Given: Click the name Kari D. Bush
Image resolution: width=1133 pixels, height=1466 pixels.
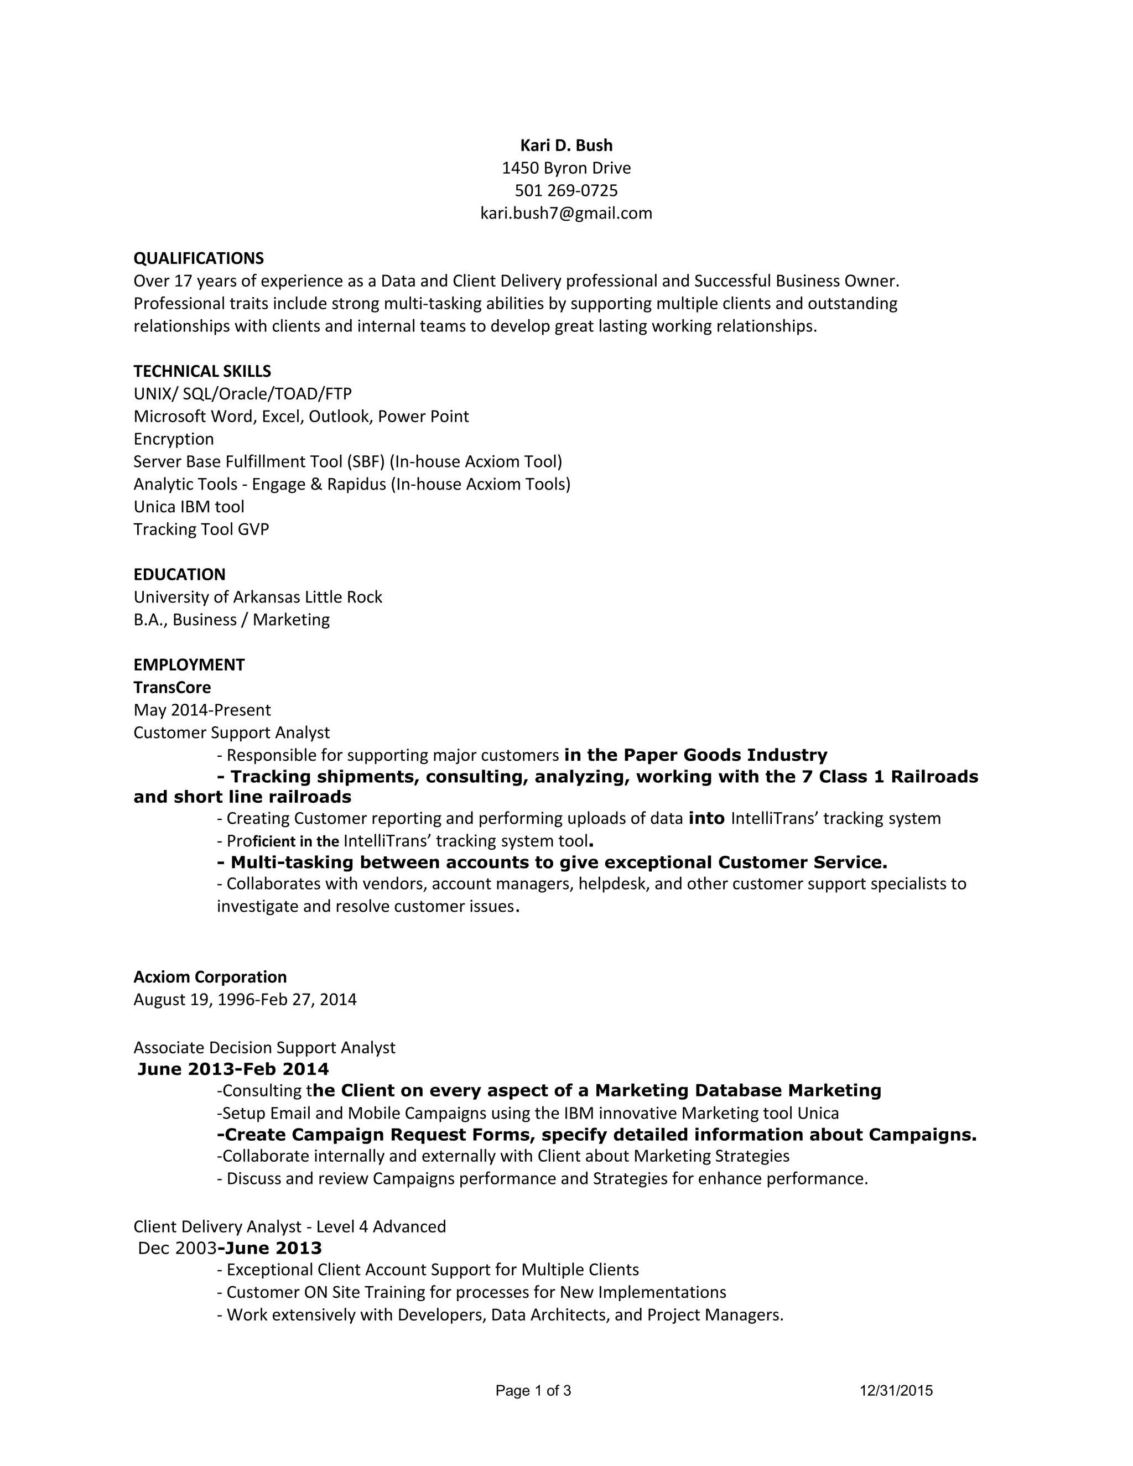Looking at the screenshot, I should [x=566, y=145].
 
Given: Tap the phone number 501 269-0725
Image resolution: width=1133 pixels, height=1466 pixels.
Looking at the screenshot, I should [x=566, y=191].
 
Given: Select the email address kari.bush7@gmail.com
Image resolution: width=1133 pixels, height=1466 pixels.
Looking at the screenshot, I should [x=566, y=214].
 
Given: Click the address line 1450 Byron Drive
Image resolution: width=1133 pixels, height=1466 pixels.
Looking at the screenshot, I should [x=566, y=168].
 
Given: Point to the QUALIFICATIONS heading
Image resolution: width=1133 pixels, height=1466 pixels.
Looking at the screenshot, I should [x=199, y=258].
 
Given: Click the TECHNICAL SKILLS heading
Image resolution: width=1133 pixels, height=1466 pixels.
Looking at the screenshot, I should [x=202, y=371].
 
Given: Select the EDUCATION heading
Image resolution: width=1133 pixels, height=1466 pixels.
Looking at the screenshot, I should [x=179, y=575].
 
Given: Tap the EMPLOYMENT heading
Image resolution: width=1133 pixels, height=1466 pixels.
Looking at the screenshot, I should [x=189, y=664].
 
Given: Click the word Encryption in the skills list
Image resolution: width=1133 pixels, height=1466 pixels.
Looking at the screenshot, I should [x=173, y=439].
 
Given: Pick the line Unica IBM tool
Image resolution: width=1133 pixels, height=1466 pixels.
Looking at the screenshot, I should [x=189, y=507].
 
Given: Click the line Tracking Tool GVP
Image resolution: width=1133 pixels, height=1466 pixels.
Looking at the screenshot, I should [x=201, y=529].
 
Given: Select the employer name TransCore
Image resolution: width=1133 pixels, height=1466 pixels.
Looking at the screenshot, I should [x=172, y=687].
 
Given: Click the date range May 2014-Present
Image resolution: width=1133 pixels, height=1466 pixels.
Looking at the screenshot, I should [x=202, y=710].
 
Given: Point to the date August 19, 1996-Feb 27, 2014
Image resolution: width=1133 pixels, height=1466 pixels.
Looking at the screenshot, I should [x=245, y=1000].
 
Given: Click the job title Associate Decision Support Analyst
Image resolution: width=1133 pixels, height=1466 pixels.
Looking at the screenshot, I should [x=264, y=1048].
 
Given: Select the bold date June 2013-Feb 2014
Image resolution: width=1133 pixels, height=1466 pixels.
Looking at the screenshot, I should [x=233, y=1069].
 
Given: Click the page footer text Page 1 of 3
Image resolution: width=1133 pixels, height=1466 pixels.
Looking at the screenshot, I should [x=533, y=1390].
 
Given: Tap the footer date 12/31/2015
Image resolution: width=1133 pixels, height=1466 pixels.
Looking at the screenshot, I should [x=896, y=1390].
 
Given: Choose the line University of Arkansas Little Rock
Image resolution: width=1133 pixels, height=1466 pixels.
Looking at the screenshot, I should [x=258, y=597].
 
